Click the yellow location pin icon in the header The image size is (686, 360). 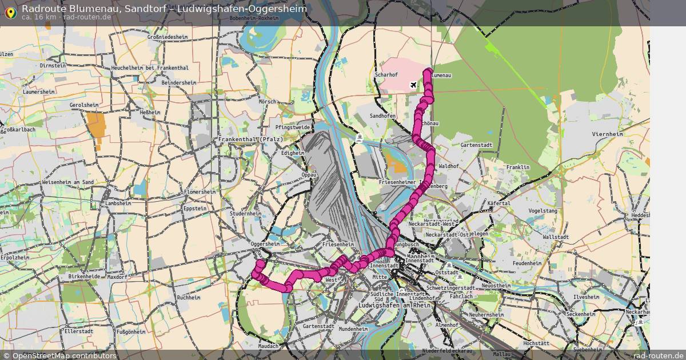tap(10, 11)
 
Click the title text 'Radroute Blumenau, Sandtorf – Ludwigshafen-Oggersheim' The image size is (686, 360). tap(164, 9)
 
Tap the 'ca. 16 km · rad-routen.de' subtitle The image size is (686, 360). tap(66, 17)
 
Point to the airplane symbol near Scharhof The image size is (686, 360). tap(414, 85)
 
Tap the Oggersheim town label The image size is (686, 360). tap(265, 244)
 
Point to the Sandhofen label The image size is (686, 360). tap(382, 116)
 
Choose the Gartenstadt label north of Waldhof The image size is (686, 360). tap(477, 145)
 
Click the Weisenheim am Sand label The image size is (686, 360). tap(67, 182)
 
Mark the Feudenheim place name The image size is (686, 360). tap(527, 263)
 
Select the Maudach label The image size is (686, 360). tap(268, 346)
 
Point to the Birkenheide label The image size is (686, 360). tap(84, 277)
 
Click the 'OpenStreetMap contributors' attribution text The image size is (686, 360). tap(64, 355)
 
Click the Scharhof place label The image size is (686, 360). tap(386, 75)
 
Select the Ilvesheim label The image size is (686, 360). tap(586, 297)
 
